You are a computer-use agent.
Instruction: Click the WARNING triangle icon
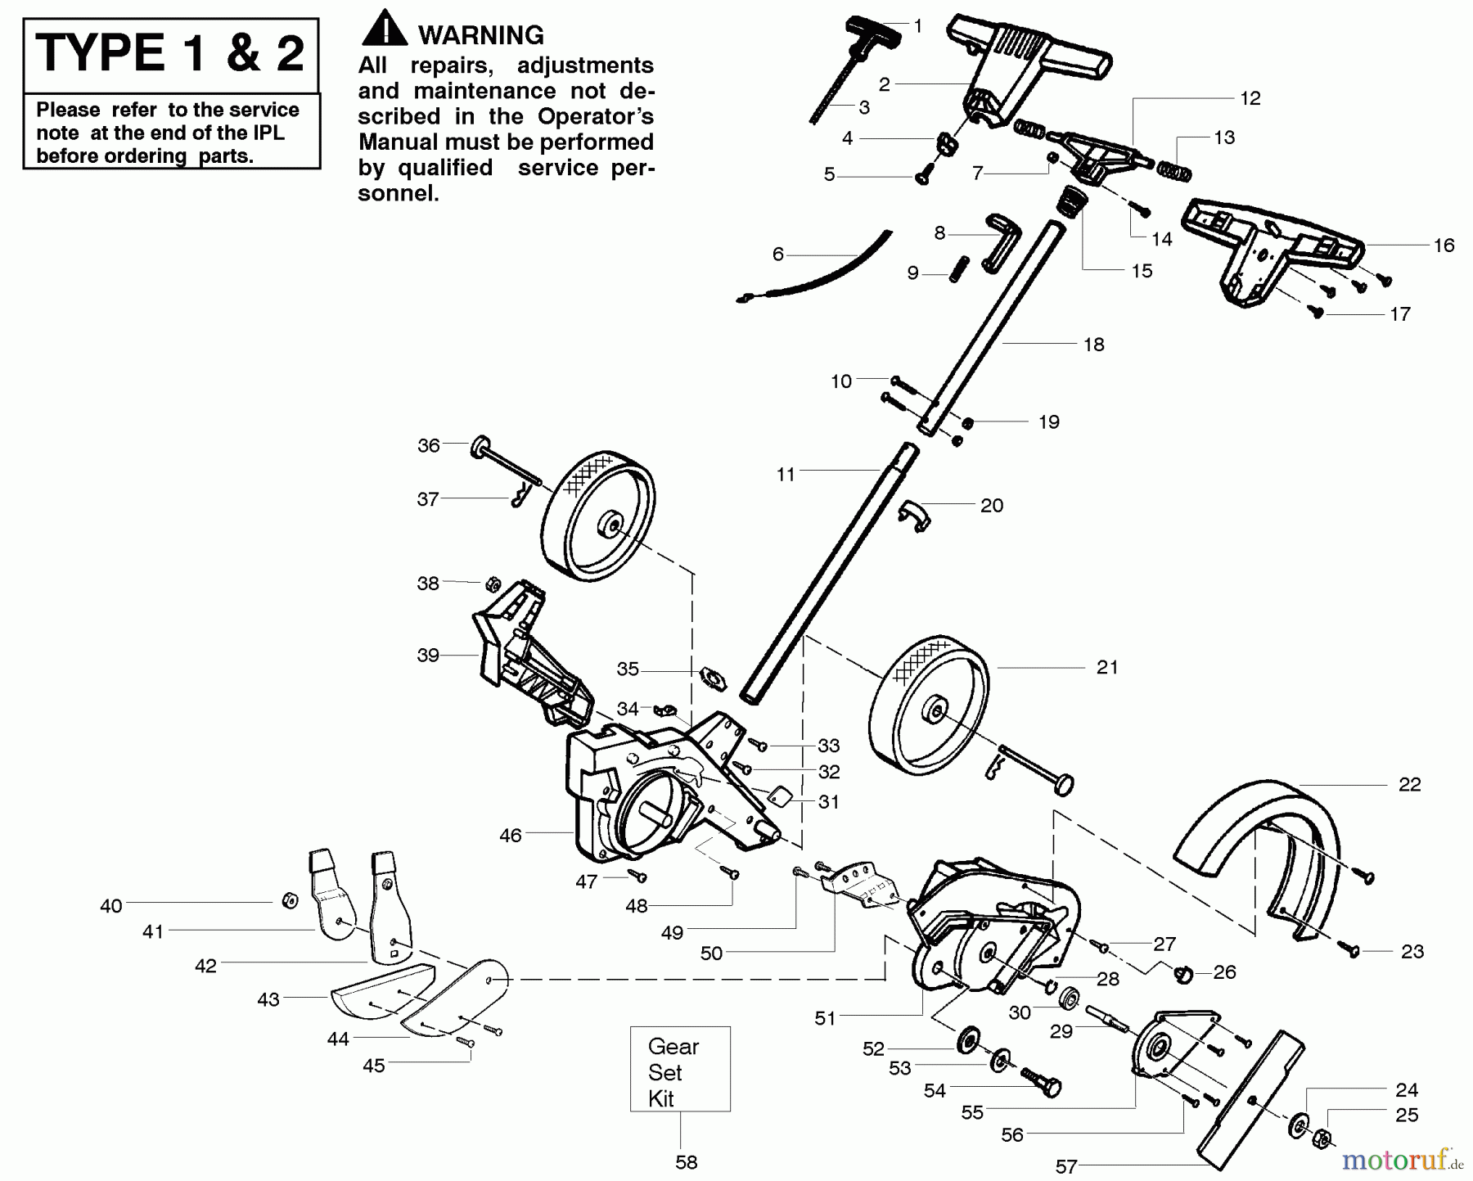pos(384,29)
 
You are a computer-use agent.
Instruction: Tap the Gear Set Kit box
pos(679,1068)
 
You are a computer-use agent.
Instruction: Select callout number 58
pos(686,1162)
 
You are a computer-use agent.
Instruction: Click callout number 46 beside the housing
pos(510,836)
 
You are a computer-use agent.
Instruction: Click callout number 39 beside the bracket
pos(428,655)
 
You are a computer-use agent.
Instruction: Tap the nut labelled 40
pos(288,900)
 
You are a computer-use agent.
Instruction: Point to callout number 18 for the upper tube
pos(1093,345)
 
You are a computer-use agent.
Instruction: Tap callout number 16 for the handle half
pos(1444,245)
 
